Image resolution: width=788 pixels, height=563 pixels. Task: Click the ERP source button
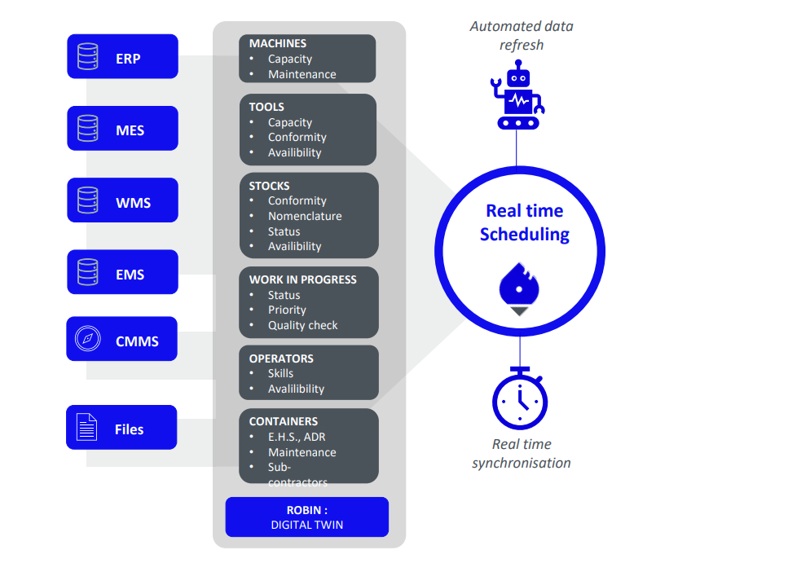pos(122,56)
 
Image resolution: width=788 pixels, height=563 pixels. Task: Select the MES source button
pos(122,128)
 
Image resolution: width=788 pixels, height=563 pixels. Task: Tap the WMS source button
pos(122,200)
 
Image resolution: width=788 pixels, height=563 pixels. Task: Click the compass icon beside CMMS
pos(87,339)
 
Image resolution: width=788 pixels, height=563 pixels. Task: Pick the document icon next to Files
pos(86,427)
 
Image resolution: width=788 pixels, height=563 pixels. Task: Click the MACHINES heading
pos(278,43)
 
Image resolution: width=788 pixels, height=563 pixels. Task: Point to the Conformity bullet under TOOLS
pos(297,138)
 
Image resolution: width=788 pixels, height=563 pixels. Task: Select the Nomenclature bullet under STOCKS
pos(305,216)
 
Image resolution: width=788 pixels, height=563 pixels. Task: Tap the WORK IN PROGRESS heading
pos(302,279)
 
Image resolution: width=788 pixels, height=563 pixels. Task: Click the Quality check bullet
pos(302,325)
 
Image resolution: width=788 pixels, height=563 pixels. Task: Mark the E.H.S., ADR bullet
pos(297,437)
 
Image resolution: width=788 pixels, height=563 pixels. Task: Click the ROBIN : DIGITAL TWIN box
pos(306,517)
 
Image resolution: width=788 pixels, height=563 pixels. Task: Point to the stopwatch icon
pos(520,400)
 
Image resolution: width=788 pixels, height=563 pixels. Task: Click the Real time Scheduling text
pos(525,222)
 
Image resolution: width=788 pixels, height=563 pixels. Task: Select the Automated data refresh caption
pos(522,36)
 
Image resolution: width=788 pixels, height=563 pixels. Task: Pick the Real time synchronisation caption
pos(522,453)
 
